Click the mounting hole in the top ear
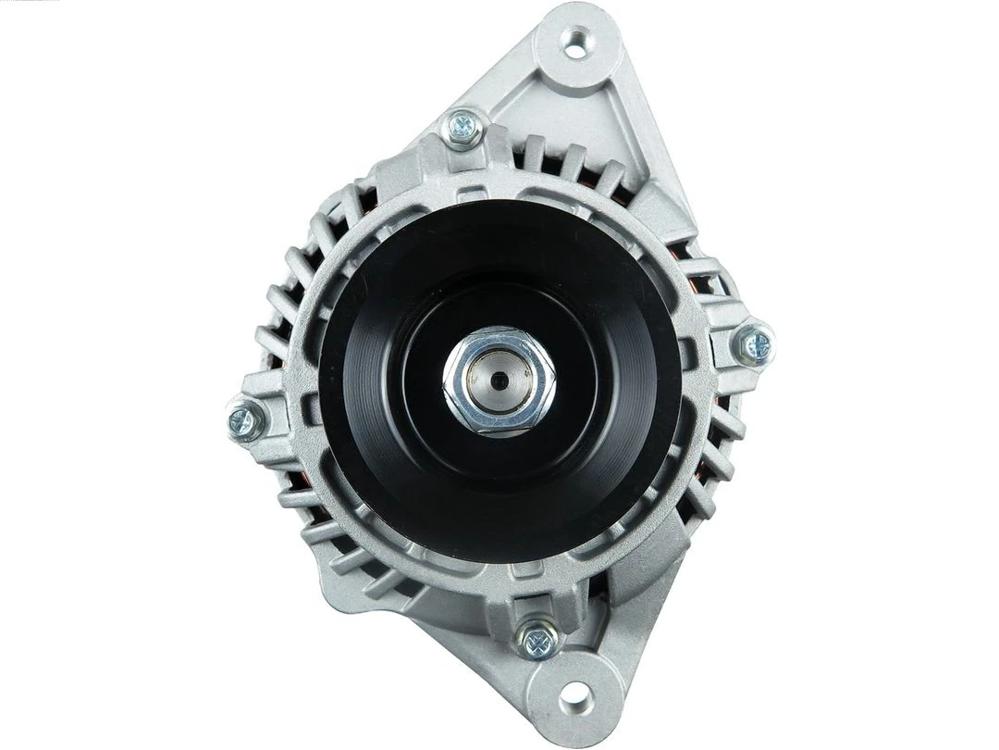(575, 44)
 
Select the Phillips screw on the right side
(756, 346)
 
